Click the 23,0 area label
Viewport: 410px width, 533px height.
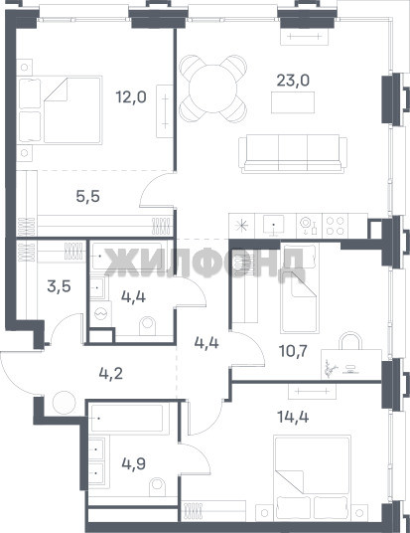pos(293,81)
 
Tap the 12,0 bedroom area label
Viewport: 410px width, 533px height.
pos(131,97)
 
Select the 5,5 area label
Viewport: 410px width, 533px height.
pos(88,197)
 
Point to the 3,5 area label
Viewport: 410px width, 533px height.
pos(59,286)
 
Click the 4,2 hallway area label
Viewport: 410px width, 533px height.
pos(110,374)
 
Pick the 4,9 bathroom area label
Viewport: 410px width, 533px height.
pos(134,463)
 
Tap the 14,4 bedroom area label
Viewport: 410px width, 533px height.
pos(293,417)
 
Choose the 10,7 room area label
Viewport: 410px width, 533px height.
pos(293,351)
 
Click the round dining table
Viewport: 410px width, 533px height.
pos(212,89)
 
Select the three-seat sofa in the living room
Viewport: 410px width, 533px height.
pos(293,154)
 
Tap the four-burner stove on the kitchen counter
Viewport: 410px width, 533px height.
pos(335,226)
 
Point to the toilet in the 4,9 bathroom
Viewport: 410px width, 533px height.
pos(158,488)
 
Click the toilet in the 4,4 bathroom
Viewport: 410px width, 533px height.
pos(147,326)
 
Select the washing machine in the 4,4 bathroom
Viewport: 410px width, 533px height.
pos(100,314)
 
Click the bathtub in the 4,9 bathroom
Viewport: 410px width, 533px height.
pos(130,419)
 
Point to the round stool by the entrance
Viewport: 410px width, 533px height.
pos(64,403)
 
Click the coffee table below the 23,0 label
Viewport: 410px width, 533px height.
pos(293,102)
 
